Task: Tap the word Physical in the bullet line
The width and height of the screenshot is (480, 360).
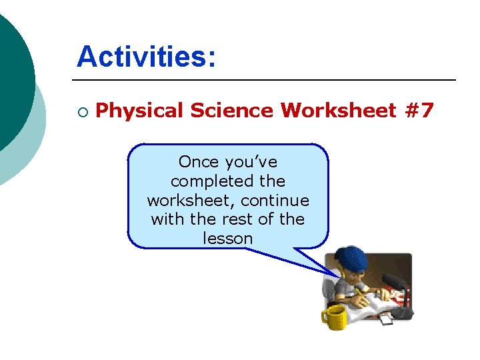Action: (x=139, y=110)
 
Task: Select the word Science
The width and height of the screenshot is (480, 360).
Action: (x=231, y=110)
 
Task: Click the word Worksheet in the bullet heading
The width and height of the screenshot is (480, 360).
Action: (x=339, y=110)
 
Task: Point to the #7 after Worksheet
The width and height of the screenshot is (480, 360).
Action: (x=419, y=110)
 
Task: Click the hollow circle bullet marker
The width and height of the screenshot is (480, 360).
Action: (x=82, y=111)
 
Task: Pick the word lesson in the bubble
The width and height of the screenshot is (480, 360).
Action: (x=227, y=238)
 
